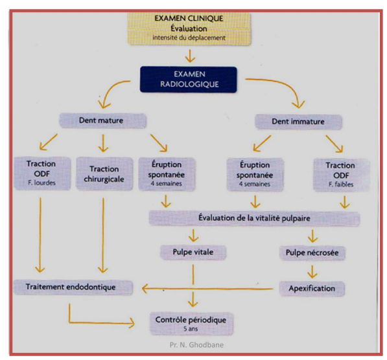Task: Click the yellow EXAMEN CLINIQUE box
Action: pos(189,28)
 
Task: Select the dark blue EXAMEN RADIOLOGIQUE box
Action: pos(189,80)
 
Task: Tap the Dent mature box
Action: pos(102,120)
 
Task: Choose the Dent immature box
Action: pos(298,122)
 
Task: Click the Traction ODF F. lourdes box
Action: pos(42,174)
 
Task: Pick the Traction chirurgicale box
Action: pos(104,174)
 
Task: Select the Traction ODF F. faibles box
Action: pos(342,175)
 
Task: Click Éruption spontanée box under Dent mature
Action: pos(167,174)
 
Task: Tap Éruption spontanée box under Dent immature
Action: pos(255,175)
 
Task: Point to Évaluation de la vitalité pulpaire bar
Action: pos(254,218)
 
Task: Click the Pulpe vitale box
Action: pos(193,253)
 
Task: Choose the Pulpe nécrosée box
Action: pos(312,253)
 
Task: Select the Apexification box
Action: pos(312,289)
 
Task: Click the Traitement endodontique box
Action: pos(73,287)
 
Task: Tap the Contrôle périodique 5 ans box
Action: pos(191,324)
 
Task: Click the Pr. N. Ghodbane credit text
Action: pos(196,344)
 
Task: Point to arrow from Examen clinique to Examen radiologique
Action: pos(190,56)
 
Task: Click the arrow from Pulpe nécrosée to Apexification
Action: pos(312,272)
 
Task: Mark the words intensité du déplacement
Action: pos(189,38)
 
